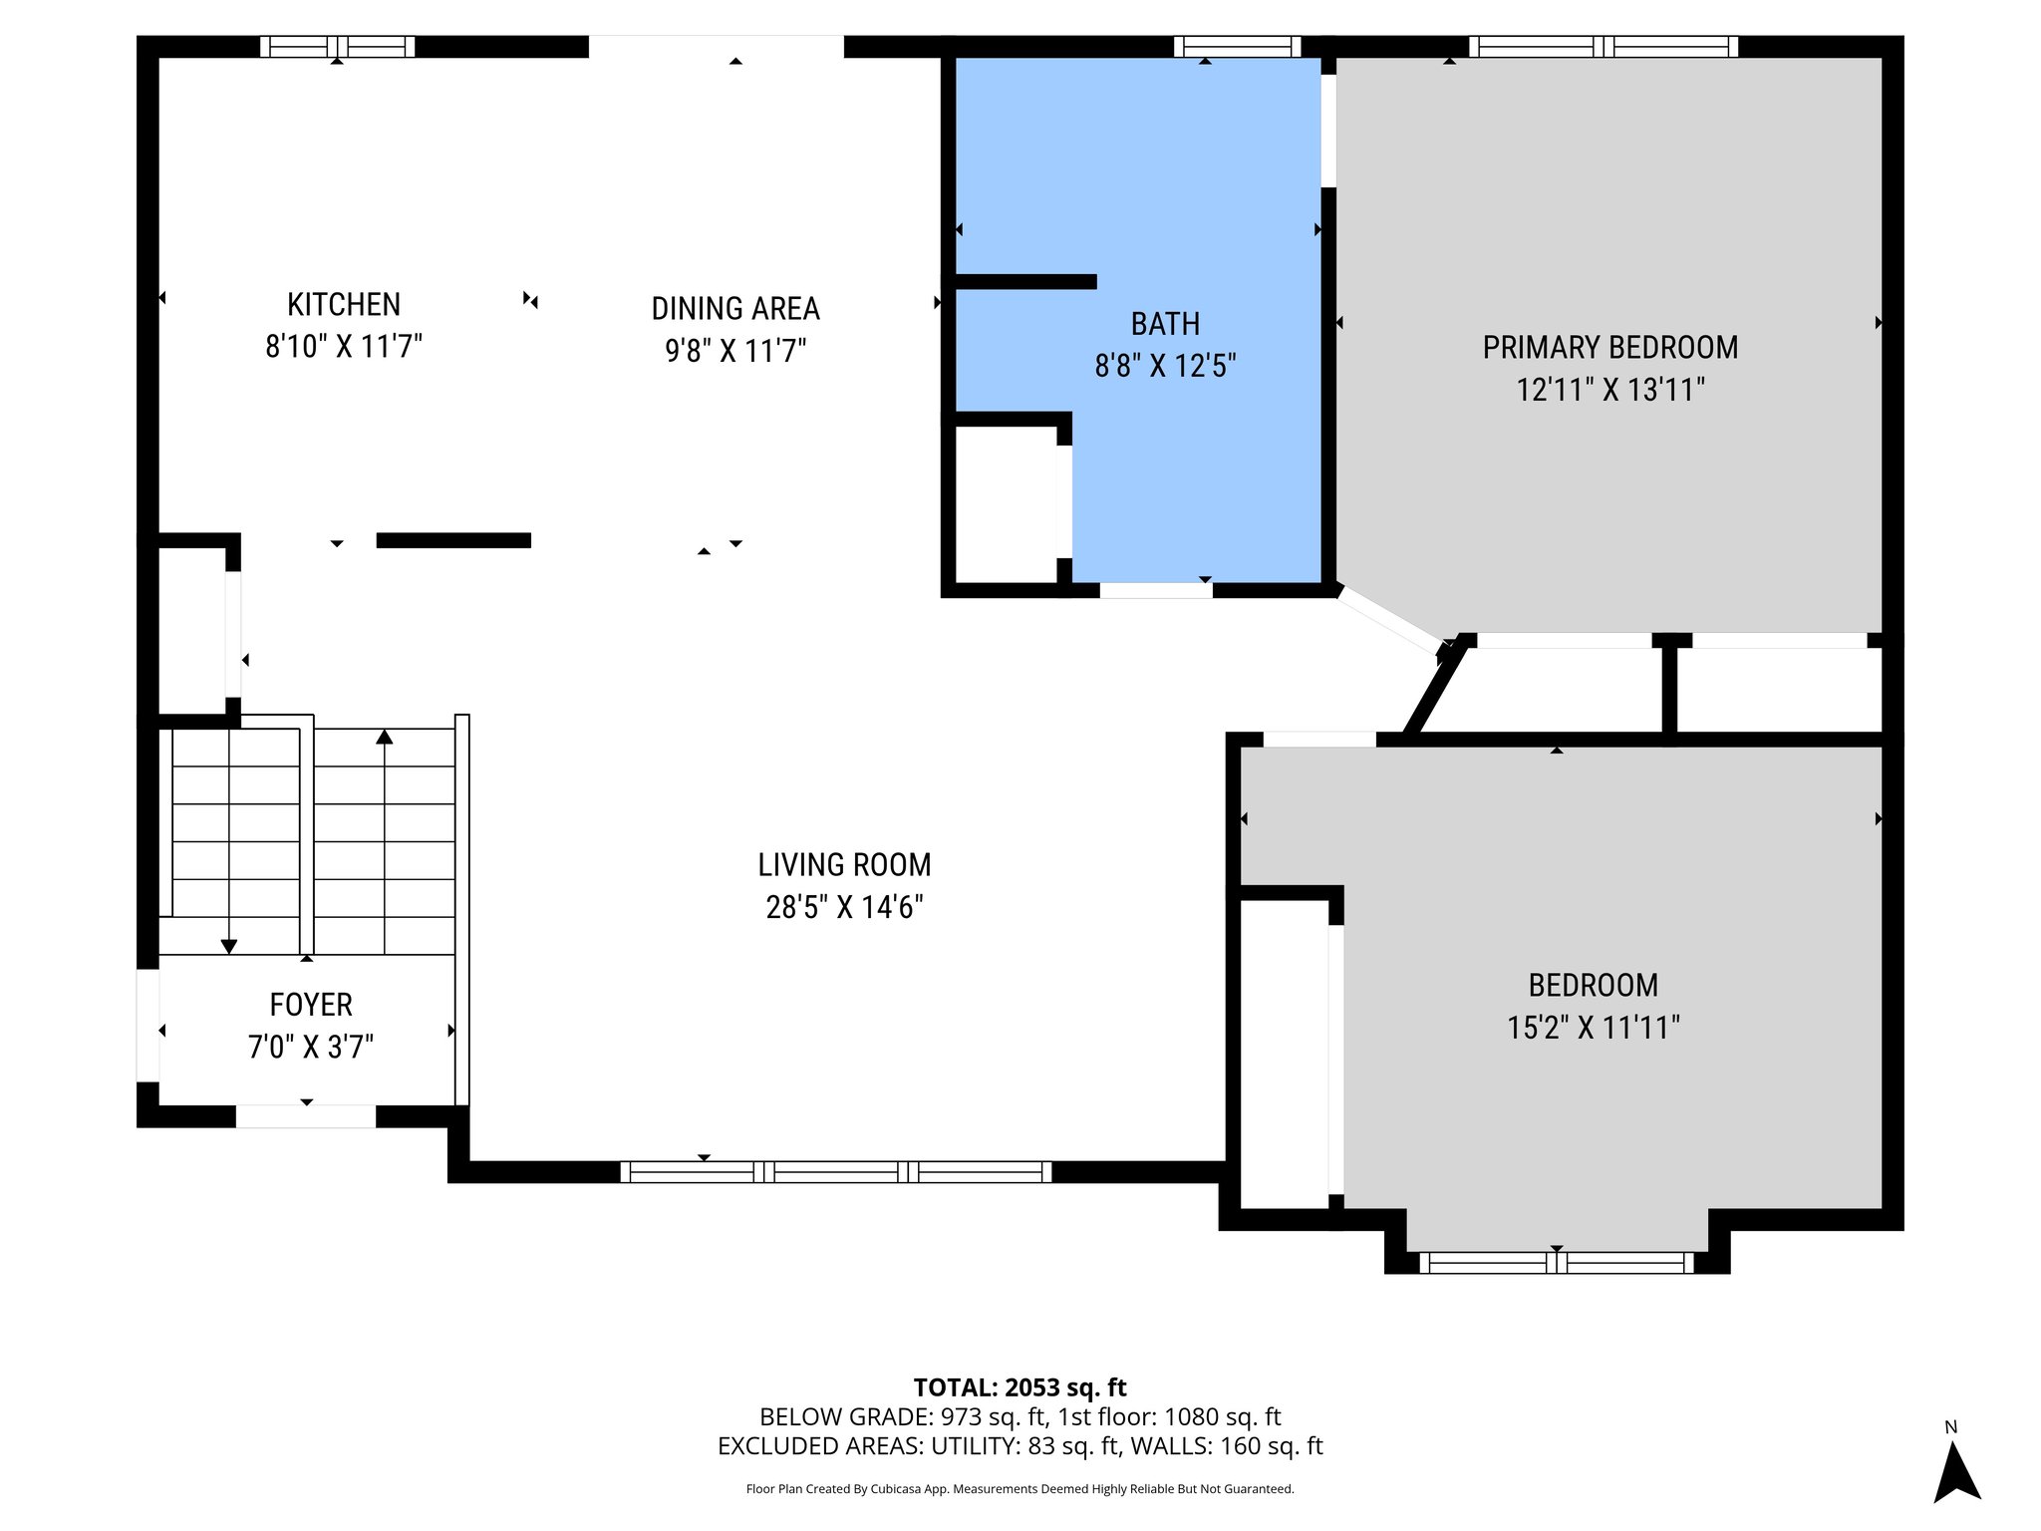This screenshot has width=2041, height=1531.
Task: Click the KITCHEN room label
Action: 343,304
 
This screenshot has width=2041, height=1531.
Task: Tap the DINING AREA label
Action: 735,309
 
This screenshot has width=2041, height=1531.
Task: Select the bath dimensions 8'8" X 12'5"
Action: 1165,367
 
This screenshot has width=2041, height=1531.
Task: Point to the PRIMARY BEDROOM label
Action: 1609,347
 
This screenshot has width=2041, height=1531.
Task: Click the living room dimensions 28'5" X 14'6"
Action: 844,907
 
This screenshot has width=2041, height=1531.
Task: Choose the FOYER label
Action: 311,1004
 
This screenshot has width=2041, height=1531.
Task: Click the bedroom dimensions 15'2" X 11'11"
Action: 1593,1028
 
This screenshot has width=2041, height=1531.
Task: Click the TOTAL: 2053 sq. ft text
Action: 1020,1387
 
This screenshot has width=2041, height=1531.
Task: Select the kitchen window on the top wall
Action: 338,47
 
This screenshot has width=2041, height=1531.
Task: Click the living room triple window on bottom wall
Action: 835,1172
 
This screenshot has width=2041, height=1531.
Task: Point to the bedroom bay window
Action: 1556,1263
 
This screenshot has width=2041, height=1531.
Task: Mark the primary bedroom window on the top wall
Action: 1603,47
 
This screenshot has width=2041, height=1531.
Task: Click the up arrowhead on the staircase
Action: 385,738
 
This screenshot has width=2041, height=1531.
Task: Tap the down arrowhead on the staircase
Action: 229,946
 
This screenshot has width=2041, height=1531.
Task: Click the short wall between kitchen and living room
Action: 453,540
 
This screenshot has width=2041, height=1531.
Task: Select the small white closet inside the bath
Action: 1005,503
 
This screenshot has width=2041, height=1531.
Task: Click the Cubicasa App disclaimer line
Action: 1020,1489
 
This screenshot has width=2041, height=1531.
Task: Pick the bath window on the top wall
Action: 1237,47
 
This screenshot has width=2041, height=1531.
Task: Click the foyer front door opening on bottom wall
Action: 306,1116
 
